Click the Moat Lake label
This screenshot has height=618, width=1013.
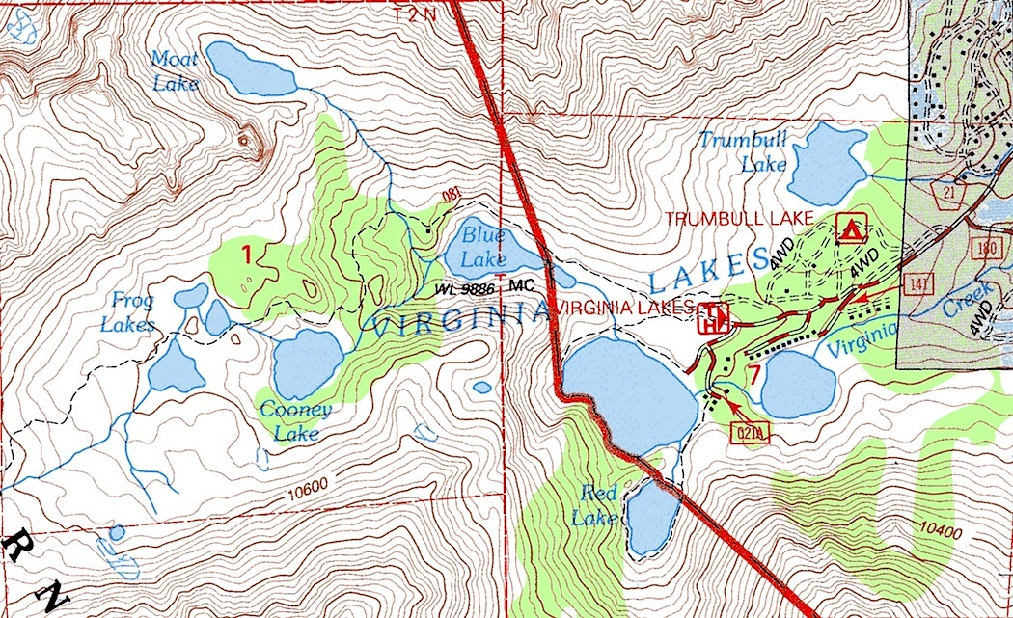[x=175, y=71]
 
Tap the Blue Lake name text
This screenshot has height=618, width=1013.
[x=483, y=246]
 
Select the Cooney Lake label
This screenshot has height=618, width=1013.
[x=295, y=421]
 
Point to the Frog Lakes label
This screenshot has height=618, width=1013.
[x=126, y=311]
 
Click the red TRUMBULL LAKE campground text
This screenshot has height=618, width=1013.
[x=740, y=219]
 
